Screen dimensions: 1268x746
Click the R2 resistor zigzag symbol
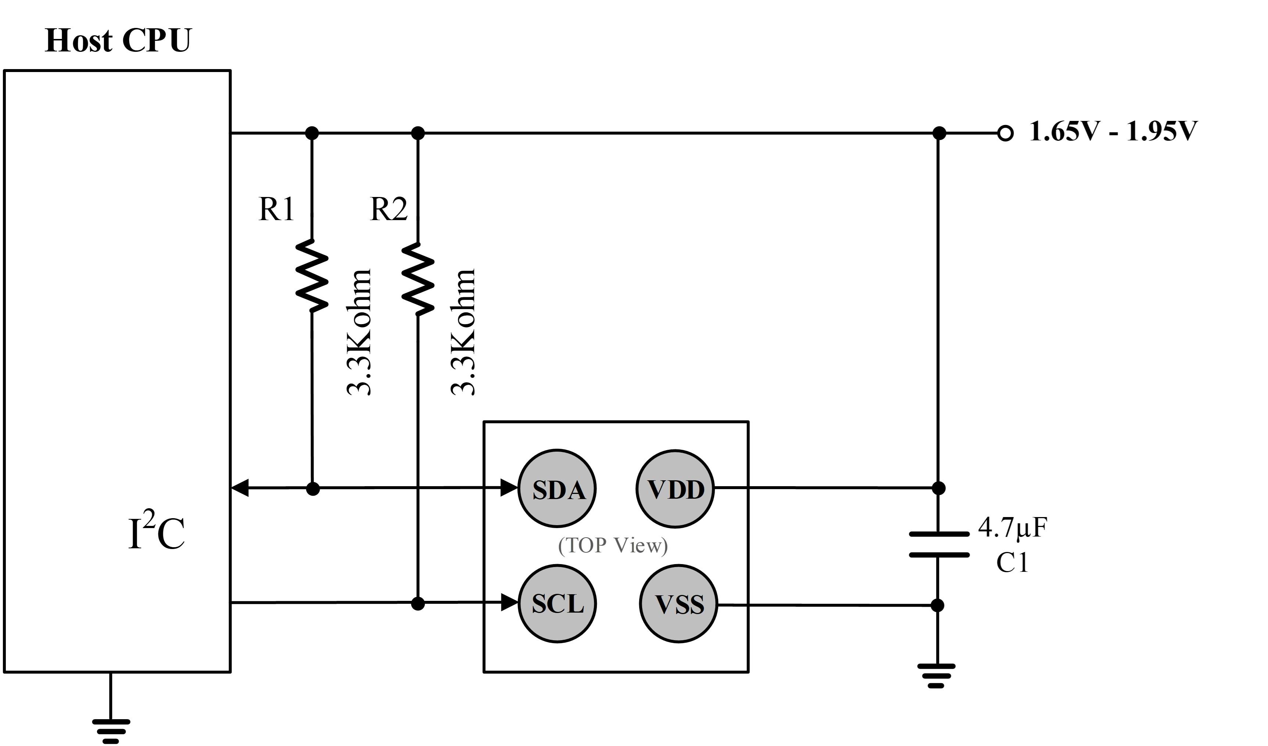[418, 279]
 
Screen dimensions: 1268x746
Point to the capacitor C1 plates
[939, 544]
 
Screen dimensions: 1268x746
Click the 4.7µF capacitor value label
[1013, 528]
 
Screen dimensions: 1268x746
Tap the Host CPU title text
[118, 40]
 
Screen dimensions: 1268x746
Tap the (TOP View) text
[613, 545]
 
